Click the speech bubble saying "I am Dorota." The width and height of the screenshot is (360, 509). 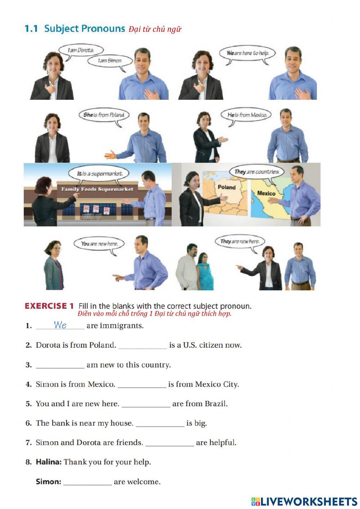click(x=81, y=50)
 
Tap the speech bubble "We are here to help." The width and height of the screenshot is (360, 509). click(x=248, y=53)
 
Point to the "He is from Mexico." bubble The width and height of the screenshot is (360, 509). click(x=247, y=115)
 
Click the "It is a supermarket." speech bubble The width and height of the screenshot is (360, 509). click(x=100, y=174)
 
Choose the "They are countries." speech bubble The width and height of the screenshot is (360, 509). click(x=257, y=172)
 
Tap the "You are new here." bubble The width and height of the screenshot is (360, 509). click(x=99, y=244)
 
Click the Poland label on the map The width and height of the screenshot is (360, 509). click(x=226, y=187)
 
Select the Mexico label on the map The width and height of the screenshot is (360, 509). click(x=266, y=193)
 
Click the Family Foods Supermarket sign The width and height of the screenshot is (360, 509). click(x=97, y=189)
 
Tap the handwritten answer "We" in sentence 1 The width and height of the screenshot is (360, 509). click(x=60, y=325)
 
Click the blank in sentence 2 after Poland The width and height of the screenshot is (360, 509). click(x=143, y=345)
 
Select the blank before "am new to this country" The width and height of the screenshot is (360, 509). click(x=60, y=365)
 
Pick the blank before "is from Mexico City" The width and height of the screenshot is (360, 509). click(x=142, y=385)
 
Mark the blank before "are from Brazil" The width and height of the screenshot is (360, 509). click(x=146, y=404)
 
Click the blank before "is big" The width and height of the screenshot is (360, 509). click(x=160, y=424)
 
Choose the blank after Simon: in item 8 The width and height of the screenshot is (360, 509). click(x=87, y=482)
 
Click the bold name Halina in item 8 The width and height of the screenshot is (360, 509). click(x=49, y=462)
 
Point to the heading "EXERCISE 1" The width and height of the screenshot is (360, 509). click(x=49, y=306)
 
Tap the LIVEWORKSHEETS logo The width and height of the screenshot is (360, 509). click(x=304, y=501)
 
